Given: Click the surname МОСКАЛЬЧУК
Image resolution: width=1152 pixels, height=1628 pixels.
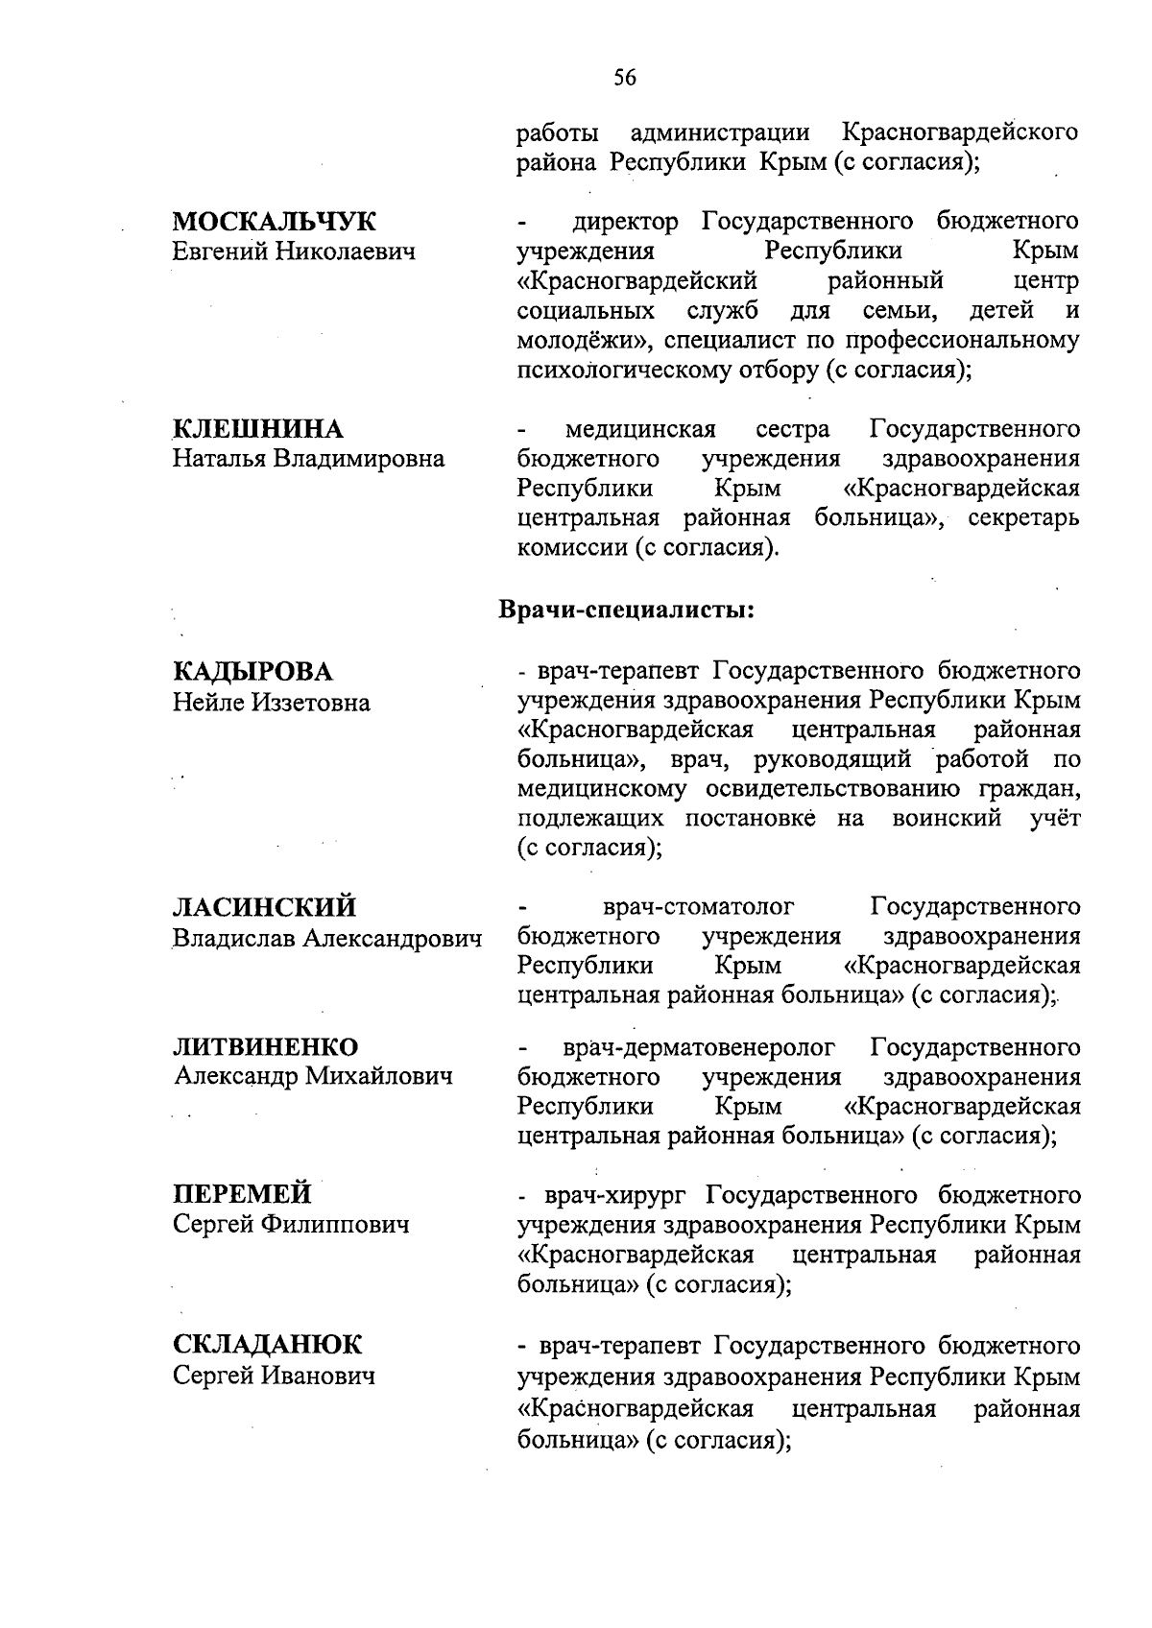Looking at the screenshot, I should point(275,222).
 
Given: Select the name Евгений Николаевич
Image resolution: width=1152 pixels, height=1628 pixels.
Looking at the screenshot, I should point(294,252).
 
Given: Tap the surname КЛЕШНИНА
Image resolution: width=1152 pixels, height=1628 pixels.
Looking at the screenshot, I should point(258,429).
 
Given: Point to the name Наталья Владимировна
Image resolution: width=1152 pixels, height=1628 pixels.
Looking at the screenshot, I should point(308,459).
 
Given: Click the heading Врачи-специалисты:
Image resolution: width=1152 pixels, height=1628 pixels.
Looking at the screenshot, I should point(625,610).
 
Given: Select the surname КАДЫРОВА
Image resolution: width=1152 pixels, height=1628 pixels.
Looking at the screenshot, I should point(252,671).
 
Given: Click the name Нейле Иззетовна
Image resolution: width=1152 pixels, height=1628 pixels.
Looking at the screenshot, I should point(271,703).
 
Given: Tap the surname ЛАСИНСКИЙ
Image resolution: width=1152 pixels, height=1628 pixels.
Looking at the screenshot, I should point(265,907).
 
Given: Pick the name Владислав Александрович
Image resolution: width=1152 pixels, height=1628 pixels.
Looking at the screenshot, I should point(327,938).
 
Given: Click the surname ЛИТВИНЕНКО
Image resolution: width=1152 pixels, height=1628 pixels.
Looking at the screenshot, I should point(266,1046).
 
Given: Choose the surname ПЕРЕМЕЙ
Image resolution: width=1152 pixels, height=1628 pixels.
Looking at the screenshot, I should point(242,1194).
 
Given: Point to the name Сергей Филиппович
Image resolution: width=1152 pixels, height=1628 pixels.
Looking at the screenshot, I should point(291,1225).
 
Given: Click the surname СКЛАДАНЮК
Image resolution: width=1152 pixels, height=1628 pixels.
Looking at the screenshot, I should point(268,1345).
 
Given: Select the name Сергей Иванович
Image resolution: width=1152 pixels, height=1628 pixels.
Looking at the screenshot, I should point(273,1376).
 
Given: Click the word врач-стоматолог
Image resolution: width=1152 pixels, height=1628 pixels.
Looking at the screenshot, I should point(699,907).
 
